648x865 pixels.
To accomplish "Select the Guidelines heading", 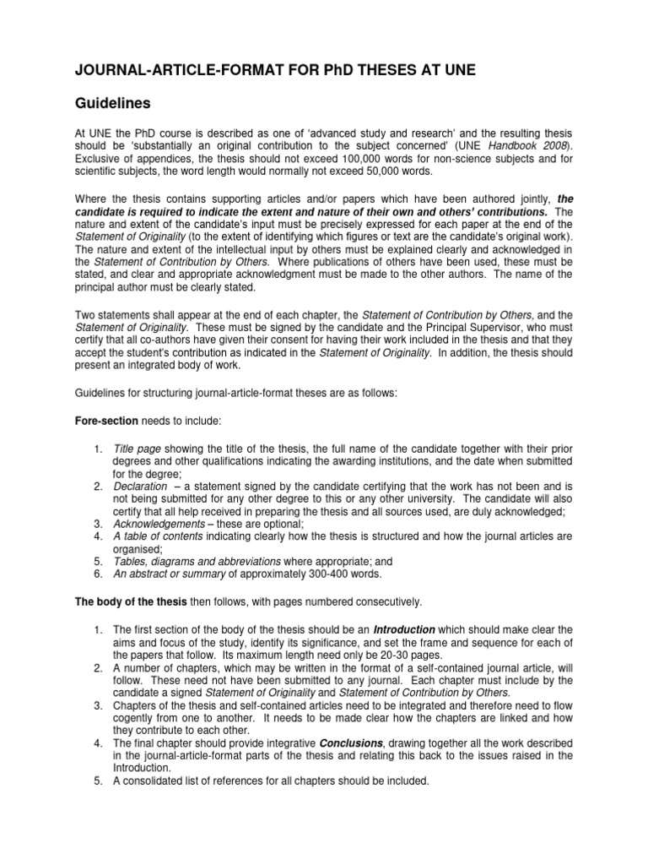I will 114,103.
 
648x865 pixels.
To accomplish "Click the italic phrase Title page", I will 137,448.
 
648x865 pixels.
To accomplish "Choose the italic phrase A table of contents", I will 159,536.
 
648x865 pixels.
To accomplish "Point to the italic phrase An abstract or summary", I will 166,574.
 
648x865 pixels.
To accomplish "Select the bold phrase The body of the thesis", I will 129,601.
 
